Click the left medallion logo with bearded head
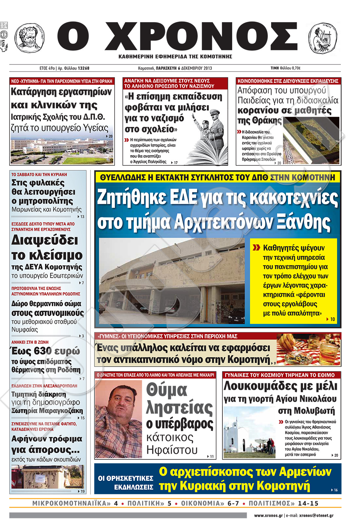pos(29,37)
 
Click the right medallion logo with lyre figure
pos(322,37)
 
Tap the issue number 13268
pos(84,68)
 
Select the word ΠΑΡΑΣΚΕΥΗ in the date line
pos(166,68)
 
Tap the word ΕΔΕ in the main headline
pos(183,198)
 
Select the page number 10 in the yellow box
pos(333,319)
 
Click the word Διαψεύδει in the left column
pos(45,240)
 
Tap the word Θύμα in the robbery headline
pos(166,390)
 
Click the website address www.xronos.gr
pos(268,516)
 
